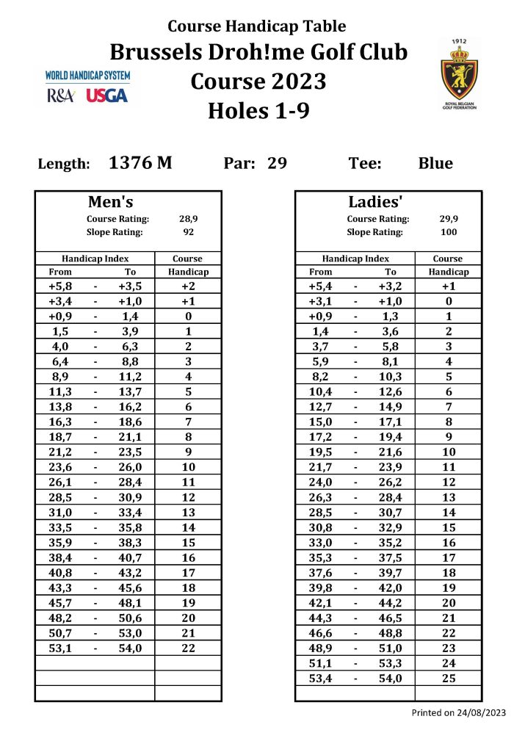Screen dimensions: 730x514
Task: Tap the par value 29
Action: (277, 163)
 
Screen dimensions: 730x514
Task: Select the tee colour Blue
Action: (435, 163)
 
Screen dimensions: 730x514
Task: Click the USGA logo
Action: (107, 95)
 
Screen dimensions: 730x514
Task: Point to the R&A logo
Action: (60, 95)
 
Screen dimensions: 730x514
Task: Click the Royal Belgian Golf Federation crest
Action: (460, 74)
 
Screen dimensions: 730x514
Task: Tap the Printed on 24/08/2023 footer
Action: (458, 712)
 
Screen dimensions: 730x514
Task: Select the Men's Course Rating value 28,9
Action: (189, 219)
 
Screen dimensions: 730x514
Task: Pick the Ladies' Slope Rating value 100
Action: (449, 232)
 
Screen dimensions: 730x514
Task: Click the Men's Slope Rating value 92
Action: (189, 232)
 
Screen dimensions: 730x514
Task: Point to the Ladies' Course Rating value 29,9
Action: (449, 219)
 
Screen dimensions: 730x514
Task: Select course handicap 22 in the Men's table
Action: (189, 648)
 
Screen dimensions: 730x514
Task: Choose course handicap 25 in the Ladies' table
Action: (449, 679)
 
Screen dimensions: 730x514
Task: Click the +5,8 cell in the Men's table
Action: (60, 286)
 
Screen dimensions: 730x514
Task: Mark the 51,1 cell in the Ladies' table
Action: (321, 663)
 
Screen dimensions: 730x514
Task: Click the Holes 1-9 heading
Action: (258, 111)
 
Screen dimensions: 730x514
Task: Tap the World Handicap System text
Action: (87, 76)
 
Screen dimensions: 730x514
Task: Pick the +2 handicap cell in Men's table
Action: (189, 286)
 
